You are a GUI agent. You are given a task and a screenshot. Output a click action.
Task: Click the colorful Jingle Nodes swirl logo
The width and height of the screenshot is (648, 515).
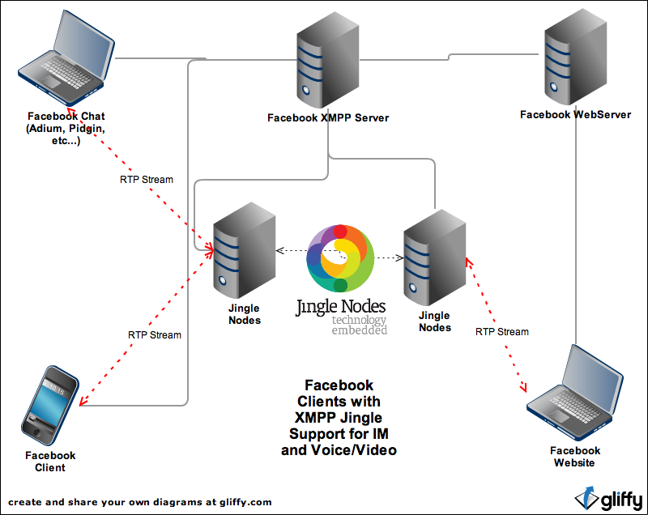click(x=340, y=258)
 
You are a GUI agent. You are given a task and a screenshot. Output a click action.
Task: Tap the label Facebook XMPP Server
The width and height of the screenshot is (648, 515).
click(x=328, y=118)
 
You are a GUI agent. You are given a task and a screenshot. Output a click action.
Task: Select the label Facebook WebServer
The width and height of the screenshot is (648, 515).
click(x=575, y=115)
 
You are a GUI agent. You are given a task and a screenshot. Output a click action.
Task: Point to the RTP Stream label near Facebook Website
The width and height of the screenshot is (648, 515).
click(x=501, y=332)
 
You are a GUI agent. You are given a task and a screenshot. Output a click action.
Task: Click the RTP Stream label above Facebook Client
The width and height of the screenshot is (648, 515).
click(x=154, y=334)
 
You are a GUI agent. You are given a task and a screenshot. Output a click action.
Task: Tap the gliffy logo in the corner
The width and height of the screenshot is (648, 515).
click(x=608, y=496)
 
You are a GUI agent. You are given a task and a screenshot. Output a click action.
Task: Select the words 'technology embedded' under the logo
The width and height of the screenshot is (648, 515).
click(x=359, y=326)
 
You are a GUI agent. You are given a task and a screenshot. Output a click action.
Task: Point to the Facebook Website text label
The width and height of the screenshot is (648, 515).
click(x=575, y=457)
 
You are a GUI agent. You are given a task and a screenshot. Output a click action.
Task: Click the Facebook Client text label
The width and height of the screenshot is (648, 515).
click(x=50, y=462)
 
